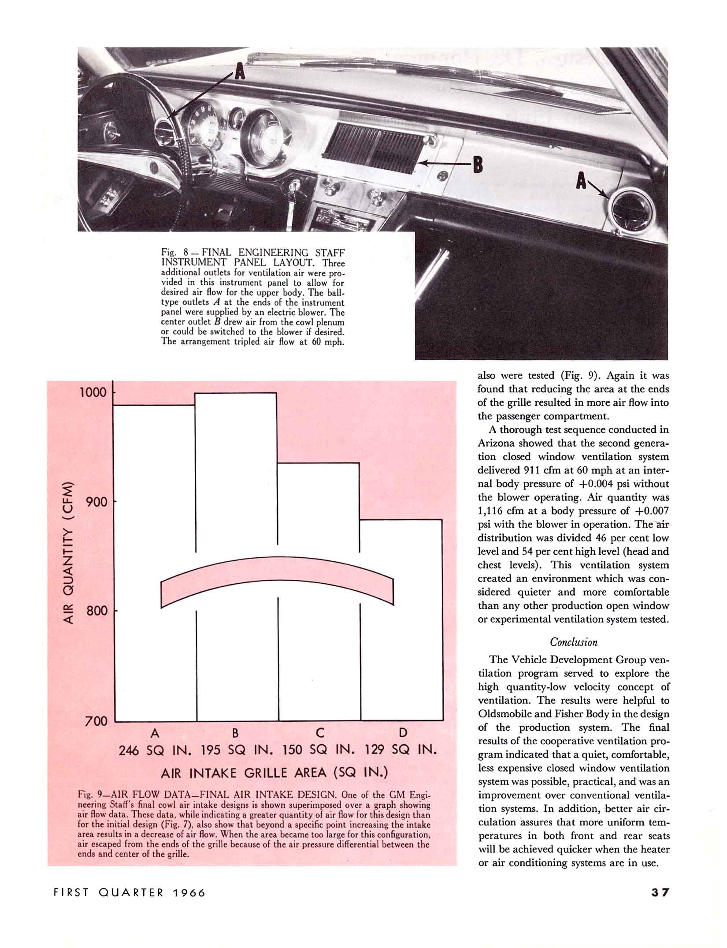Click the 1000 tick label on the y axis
pyautogui.click(x=93, y=392)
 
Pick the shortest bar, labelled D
pyautogui.click(x=401, y=661)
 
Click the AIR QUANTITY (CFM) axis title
pyautogui.click(x=68, y=551)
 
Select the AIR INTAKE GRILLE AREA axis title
pyautogui.click(x=274, y=773)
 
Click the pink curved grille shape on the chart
pyautogui.click(x=277, y=571)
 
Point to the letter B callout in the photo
pyautogui.click(x=478, y=166)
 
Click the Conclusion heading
pyautogui.click(x=574, y=642)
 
